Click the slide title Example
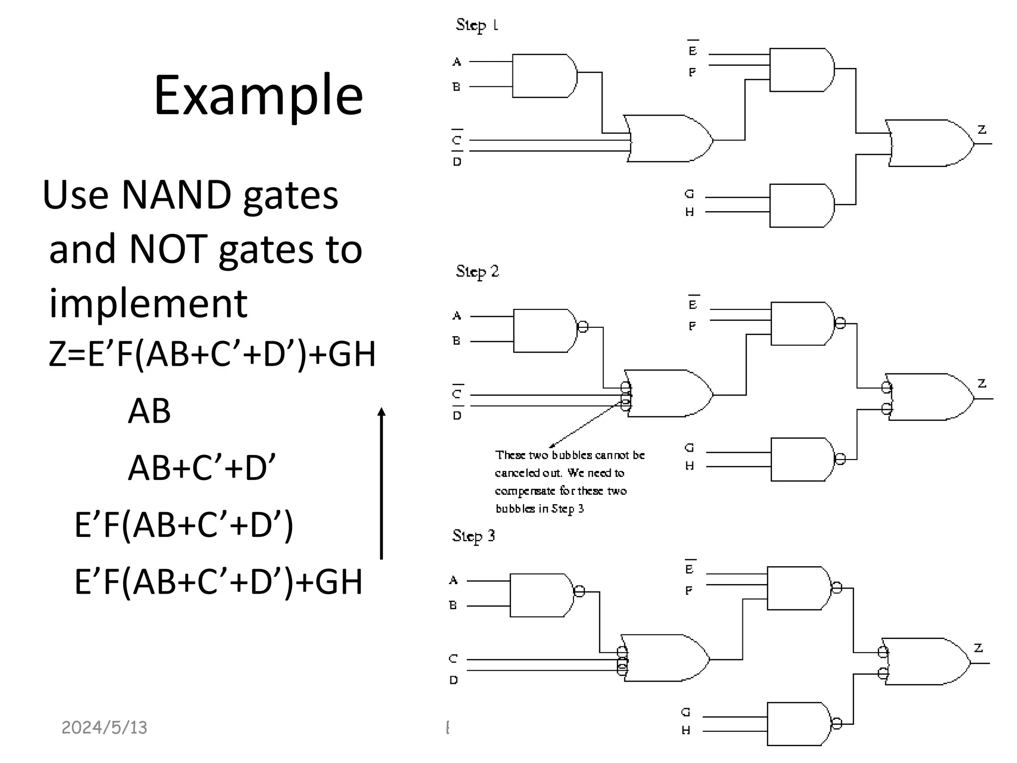tap(258, 95)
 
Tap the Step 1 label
tap(477, 25)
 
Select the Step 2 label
tap(477, 271)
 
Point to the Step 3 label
tap(474, 535)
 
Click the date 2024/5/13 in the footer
tap(104, 728)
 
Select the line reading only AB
tap(149, 411)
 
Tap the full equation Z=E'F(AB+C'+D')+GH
tap(212, 354)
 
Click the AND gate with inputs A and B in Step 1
tap(543, 76)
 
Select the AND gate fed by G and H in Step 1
tap(800, 206)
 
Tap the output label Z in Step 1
tap(982, 130)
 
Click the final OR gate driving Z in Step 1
tap(929, 143)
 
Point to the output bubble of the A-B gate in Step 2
tap(583, 327)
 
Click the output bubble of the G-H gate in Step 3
tap(837, 723)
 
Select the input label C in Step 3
tap(453, 659)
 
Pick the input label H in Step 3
tap(686, 730)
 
